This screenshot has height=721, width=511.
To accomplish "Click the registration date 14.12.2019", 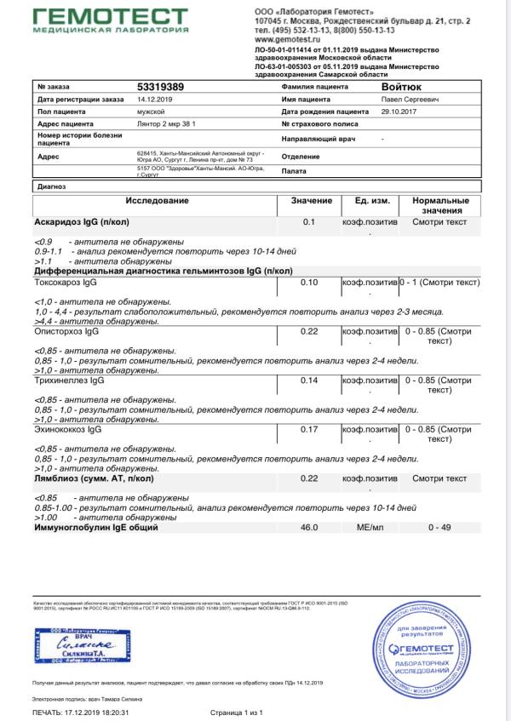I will tap(155, 100).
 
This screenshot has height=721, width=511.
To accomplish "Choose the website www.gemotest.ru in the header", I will tap(289, 40).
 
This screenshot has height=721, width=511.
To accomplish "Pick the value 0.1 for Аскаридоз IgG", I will tap(309, 222).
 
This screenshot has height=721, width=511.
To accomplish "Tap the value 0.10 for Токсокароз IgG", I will tap(309, 282).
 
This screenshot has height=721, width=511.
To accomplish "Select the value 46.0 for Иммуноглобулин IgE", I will tap(309, 528).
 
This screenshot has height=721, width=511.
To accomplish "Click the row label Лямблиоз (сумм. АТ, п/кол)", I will tap(98, 479).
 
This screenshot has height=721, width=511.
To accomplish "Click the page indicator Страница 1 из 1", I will tap(236, 712).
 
